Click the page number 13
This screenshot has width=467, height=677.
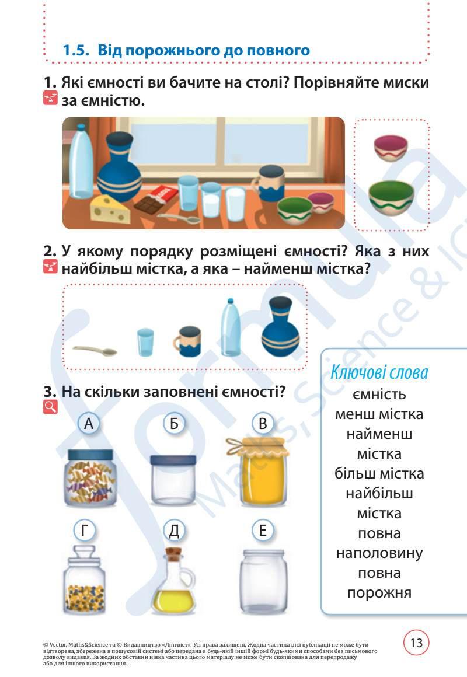click(x=416, y=644)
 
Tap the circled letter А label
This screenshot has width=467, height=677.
click(x=88, y=424)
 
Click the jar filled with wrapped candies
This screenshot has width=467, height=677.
click(x=89, y=477)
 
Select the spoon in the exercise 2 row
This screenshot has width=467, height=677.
click(x=95, y=351)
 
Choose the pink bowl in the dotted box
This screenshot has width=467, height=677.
click(x=391, y=148)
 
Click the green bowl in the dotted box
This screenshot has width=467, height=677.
click(x=391, y=197)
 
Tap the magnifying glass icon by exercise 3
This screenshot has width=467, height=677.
click(x=51, y=407)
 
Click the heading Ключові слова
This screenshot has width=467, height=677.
click(x=379, y=372)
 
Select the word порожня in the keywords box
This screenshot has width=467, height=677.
click(x=379, y=592)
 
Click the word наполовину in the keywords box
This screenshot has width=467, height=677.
click(x=379, y=553)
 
